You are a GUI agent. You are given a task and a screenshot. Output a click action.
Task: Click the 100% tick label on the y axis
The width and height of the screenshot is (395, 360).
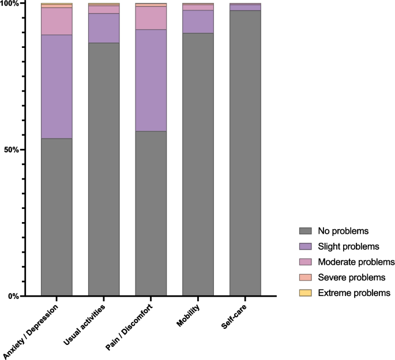pyautogui.click(x=10, y=4)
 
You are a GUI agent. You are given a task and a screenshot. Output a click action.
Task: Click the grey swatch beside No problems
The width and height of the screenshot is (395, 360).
pyautogui.click(x=306, y=231)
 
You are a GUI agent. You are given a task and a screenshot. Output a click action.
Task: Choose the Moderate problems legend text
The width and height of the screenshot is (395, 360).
pyautogui.click(x=356, y=262)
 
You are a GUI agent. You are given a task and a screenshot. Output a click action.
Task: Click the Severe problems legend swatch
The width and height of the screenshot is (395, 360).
pyautogui.click(x=306, y=277)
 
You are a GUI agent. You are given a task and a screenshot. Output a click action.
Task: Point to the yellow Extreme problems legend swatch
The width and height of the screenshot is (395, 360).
pyautogui.click(x=306, y=293)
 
